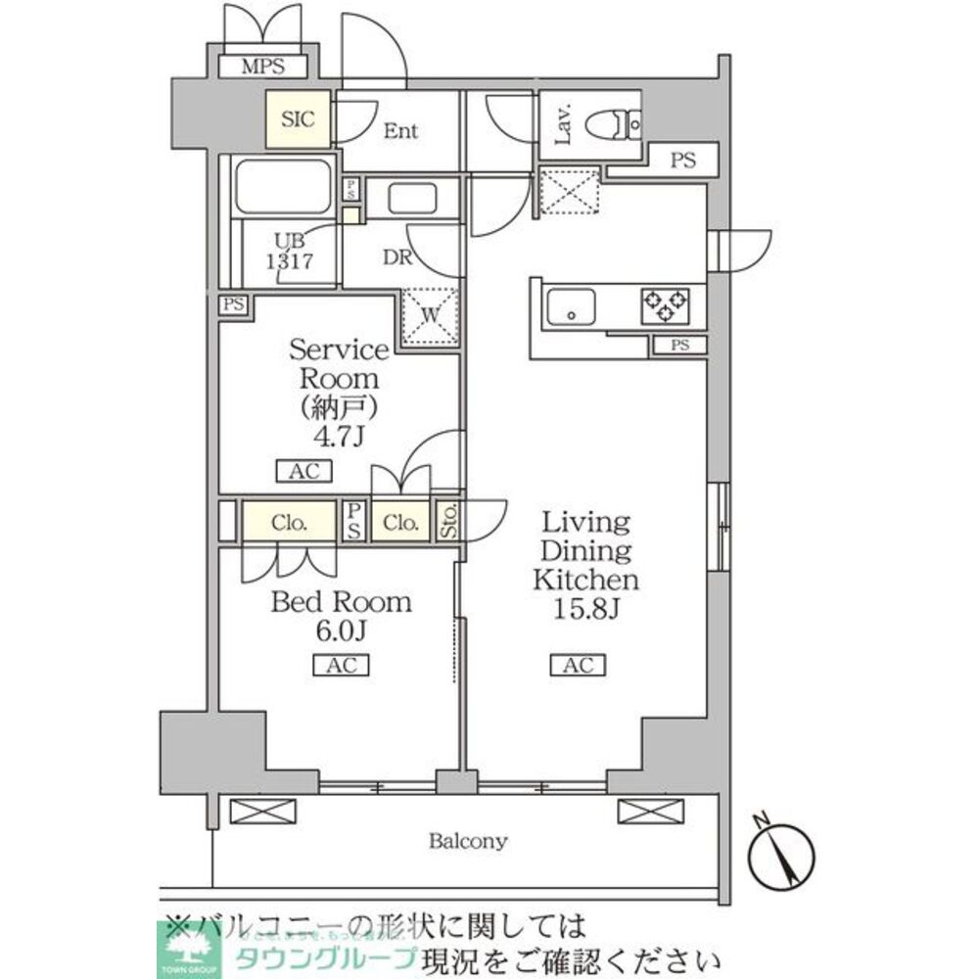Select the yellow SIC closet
tap(299, 119)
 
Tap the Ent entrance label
tap(400, 130)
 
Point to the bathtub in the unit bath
tap(284, 186)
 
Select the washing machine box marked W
tap(429, 315)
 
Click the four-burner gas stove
tap(665, 305)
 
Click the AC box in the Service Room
tap(304, 471)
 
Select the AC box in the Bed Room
tap(340, 666)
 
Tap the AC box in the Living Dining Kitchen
tap(578, 666)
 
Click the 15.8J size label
tap(585, 611)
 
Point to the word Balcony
tap(468, 840)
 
